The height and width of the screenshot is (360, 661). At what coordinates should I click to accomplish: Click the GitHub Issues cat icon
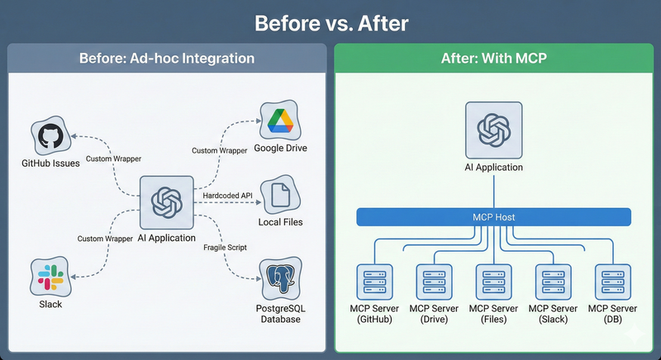coord(50,135)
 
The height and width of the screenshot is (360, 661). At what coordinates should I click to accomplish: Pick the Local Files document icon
coord(280,194)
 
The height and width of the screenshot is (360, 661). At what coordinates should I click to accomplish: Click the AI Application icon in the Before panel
coord(166,201)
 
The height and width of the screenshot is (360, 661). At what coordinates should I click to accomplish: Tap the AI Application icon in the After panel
coord(493,130)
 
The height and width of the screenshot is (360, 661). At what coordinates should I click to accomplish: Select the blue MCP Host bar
coord(493,217)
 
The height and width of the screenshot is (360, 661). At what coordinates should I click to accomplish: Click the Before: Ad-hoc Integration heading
coord(166,59)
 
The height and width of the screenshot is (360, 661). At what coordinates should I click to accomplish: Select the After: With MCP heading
coord(493,59)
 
